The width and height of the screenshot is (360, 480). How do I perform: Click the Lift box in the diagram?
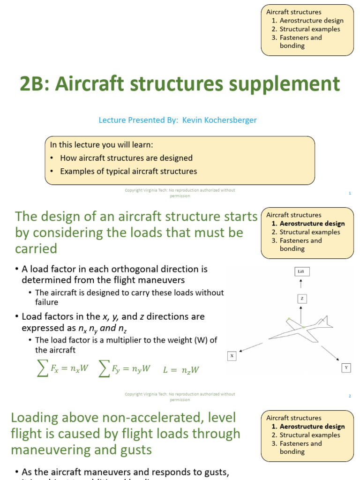click(302, 271)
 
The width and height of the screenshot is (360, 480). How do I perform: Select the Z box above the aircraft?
click(302, 298)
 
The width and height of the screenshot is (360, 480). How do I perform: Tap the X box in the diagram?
click(232, 356)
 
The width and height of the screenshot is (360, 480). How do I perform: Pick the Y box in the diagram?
click(346, 368)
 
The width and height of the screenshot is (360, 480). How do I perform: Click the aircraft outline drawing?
click(300, 328)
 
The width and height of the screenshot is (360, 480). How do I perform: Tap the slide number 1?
click(350, 193)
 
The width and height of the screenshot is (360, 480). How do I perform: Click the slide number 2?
click(350, 396)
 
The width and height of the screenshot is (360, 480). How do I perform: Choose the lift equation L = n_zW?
click(181, 370)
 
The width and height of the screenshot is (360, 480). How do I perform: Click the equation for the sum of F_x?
click(62, 369)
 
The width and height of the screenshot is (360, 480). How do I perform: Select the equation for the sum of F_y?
click(125, 369)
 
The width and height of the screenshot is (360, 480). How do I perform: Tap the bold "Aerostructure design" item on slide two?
click(312, 224)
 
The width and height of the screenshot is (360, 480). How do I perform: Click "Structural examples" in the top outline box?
click(310, 29)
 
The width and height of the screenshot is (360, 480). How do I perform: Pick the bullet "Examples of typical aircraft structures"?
click(128, 171)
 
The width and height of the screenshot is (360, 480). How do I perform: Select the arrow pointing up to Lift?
click(301, 284)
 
